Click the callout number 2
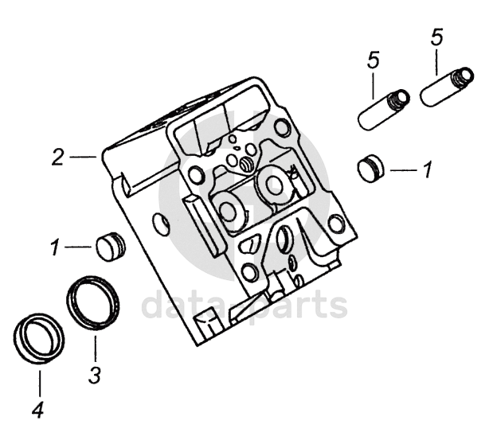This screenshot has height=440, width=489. (x=57, y=157)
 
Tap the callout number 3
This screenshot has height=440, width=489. (x=94, y=374)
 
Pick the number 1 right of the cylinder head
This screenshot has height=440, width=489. (x=427, y=169)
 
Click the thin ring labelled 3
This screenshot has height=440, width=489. (x=92, y=303)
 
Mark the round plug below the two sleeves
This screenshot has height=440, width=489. (x=370, y=168)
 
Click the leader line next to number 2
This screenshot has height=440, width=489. (x=84, y=157)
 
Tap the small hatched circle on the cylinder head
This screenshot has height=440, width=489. (x=246, y=165)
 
